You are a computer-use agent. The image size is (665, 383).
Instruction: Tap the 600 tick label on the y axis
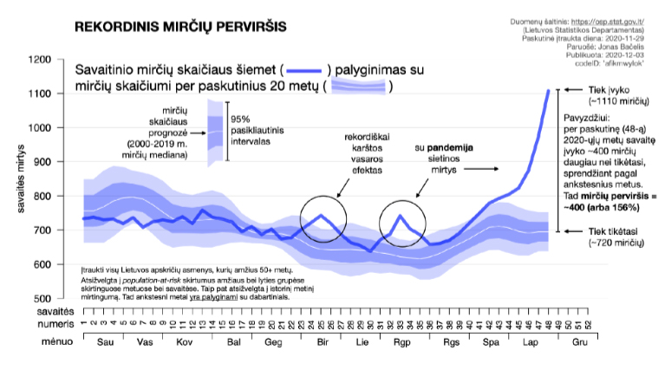pyautogui.click(x=42, y=264)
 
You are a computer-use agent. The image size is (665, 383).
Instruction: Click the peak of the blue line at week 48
pyautogui.click(x=548, y=90)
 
